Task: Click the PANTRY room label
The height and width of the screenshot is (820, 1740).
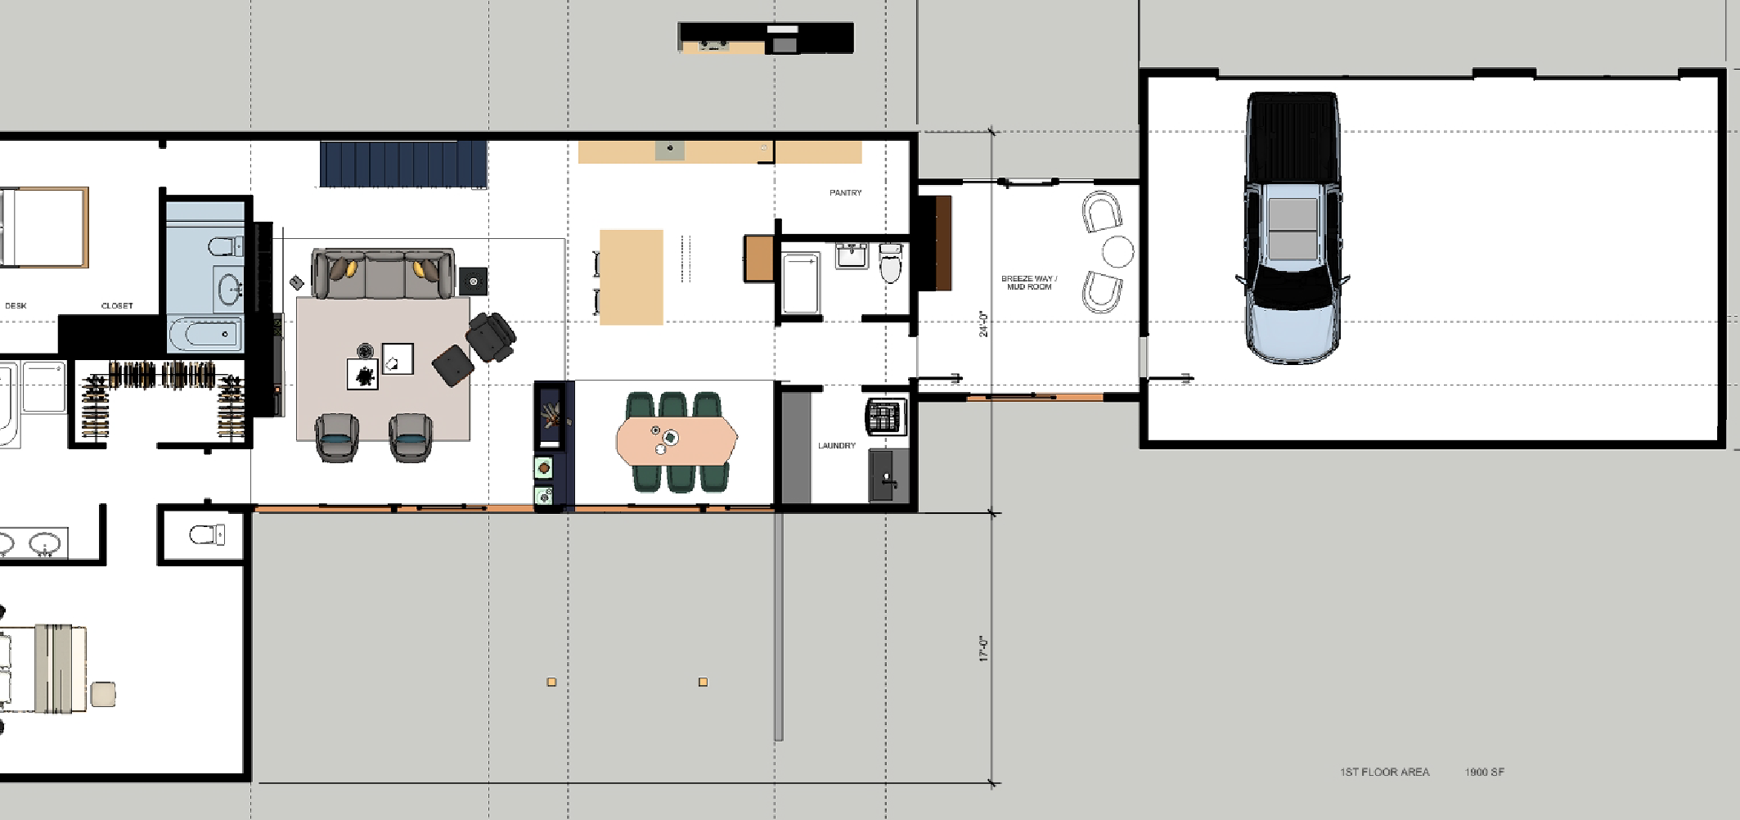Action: click(845, 193)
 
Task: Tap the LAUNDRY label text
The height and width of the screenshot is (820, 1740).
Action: click(837, 446)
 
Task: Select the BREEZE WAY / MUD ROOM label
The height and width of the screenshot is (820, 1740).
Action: click(1029, 282)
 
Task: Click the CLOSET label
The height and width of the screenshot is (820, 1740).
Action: click(117, 306)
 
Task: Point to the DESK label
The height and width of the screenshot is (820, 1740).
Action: click(16, 306)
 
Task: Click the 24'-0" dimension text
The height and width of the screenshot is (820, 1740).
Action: click(983, 323)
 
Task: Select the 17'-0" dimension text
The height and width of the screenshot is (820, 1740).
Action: click(983, 648)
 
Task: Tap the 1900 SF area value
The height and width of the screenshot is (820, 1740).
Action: click(1484, 772)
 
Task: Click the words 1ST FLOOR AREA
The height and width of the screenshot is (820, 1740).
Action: click(1384, 772)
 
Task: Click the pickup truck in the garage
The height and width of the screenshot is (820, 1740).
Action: click(1293, 228)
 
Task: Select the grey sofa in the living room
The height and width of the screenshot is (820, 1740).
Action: click(382, 273)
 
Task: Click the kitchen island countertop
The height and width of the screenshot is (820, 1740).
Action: click(632, 277)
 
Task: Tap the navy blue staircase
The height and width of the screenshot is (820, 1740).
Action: click(403, 164)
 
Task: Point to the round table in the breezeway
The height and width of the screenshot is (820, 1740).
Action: click(1117, 251)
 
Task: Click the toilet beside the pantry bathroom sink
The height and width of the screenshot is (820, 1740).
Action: click(890, 263)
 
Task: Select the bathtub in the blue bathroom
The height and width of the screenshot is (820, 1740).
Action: click(205, 334)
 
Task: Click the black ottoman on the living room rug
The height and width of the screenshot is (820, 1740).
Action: click(452, 365)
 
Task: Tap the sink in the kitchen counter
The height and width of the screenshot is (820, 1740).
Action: click(670, 149)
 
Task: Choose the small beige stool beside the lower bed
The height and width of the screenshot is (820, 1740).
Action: click(103, 694)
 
